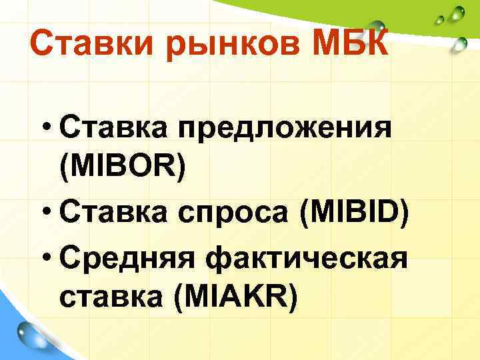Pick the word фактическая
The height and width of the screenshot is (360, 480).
pos(303,255)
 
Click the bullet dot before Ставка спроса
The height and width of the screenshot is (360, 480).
pos(48,213)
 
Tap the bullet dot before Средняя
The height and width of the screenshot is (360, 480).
pos(48,255)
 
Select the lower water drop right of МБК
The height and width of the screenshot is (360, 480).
pos(459,45)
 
